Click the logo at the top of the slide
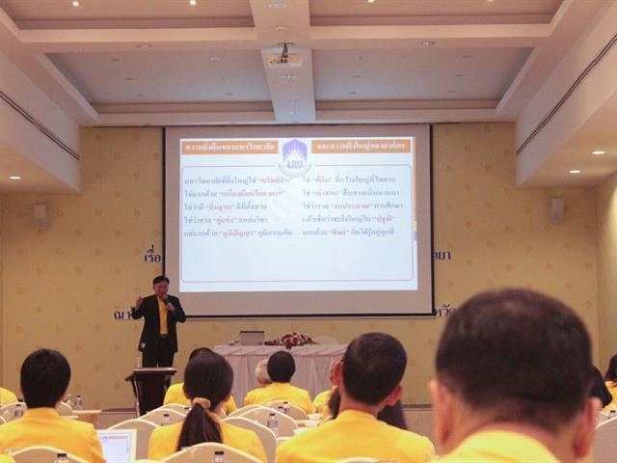point(294,156)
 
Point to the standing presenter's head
point(160,286)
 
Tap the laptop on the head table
point(253,338)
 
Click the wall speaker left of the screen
point(40,215)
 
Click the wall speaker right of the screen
point(556,210)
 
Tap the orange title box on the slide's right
point(362,146)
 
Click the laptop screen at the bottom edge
point(117,447)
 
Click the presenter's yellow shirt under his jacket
point(162,318)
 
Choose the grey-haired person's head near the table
point(262,371)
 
